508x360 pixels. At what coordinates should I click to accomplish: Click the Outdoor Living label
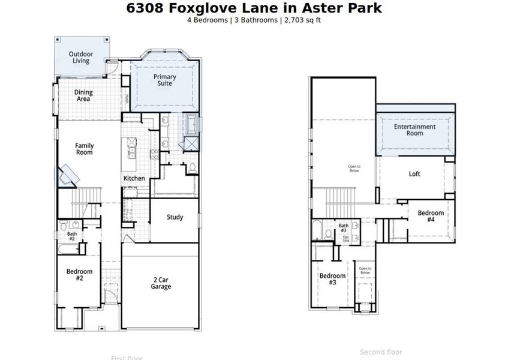[80, 58]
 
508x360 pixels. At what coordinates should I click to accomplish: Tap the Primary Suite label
[164, 80]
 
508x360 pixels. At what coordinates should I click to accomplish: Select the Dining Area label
[83, 95]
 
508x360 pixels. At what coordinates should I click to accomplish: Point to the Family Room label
[84, 149]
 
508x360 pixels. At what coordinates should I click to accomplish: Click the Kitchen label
[134, 179]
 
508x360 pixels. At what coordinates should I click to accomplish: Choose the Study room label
[175, 217]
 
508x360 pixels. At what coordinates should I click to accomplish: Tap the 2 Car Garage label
[161, 283]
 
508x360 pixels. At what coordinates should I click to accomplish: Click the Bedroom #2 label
[78, 275]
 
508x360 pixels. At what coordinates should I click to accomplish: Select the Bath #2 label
[72, 236]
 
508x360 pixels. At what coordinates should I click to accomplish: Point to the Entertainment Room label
[414, 130]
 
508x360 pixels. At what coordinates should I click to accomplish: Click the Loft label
[414, 174]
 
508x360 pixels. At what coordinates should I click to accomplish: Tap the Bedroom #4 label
[431, 216]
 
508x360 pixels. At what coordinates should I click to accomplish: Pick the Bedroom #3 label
[332, 279]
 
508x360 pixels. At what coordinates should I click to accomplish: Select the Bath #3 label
[343, 228]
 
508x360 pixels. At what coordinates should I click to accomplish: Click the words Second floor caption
[381, 352]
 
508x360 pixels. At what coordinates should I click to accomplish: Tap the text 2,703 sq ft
[305, 20]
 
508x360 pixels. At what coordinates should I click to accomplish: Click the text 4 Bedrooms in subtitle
[207, 20]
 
